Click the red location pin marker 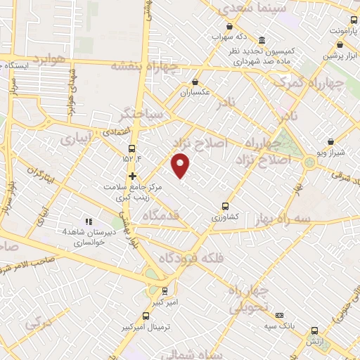pyautogui.click(x=181, y=165)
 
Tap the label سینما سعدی pyautogui.click(x=243, y=8)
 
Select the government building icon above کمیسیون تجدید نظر pyautogui.click(x=262, y=40)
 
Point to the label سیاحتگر pyautogui.click(x=141, y=112)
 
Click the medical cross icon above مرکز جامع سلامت pyautogui.click(x=131, y=176)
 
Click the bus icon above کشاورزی pyautogui.click(x=225, y=206)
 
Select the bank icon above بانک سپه pyautogui.click(x=280, y=316)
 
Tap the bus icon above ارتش pyautogui.click(x=314, y=329)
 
